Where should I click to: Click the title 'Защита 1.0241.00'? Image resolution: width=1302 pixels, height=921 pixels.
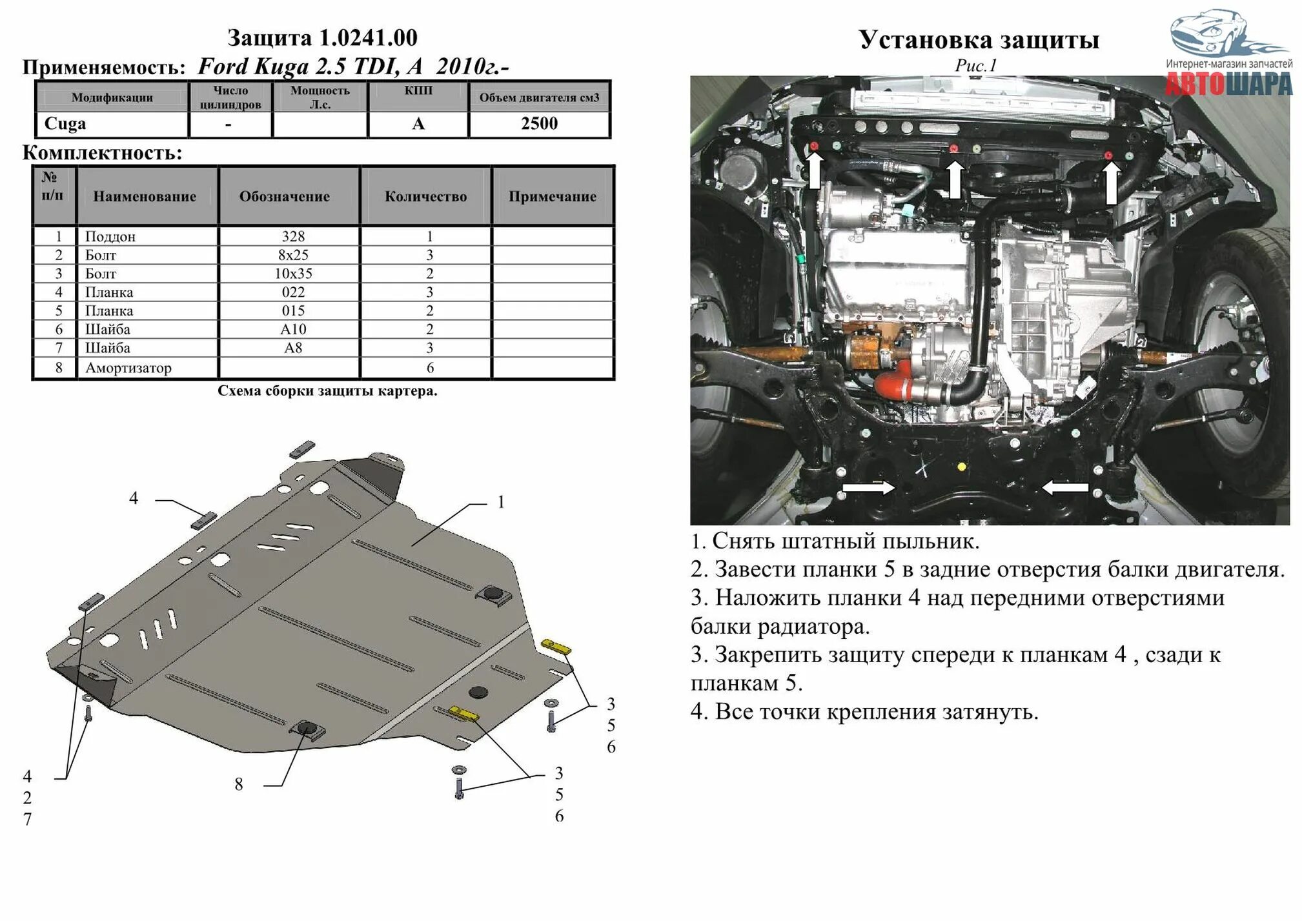pyautogui.click(x=322, y=38)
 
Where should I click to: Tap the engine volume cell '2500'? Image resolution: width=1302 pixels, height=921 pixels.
pyautogui.click(x=539, y=124)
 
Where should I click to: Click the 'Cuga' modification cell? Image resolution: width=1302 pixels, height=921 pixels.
pyautogui.click(x=65, y=123)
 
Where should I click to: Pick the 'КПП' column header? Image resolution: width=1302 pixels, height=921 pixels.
pyautogui.click(x=418, y=91)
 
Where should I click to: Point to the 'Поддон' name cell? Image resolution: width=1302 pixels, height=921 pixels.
pyautogui.click(x=110, y=236)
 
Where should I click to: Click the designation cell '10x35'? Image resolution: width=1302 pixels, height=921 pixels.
pyautogui.click(x=293, y=274)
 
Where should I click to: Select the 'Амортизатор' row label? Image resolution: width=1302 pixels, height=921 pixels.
pyautogui.click(x=128, y=368)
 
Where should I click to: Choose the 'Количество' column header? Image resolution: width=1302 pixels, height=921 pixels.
pyautogui.click(x=425, y=197)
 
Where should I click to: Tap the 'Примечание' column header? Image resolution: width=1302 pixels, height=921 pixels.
pyautogui.click(x=552, y=197)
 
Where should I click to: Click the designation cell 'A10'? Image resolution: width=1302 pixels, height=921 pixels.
pyautogui.click(x=293, y=329)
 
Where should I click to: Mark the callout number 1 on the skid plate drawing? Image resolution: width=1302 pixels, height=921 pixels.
pyautogui.click(x=501, y=502)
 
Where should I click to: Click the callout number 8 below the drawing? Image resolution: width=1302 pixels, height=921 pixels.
pyautogui.click(x=239, y=784)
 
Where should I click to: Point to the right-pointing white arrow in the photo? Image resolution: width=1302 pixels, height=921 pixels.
pyautogui.click(x=868, y=488)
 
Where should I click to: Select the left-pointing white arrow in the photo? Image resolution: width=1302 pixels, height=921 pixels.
pyautogui.click(x=1065, y=488)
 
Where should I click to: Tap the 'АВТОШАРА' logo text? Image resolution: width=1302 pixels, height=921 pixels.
pyautogui.click(x=1229, y=85)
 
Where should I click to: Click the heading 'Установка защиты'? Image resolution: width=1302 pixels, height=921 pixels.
pyautogui.click(x=979, y=40)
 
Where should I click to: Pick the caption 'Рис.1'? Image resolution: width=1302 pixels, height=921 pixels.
pyautogui.click(x=975, y=65)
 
